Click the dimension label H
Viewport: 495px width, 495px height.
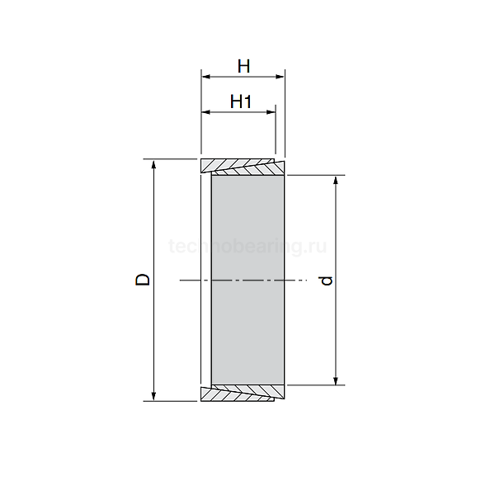coord(243,64)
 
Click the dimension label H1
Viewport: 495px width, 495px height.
coord(241,101)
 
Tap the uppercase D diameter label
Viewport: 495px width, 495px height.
coord(144,280)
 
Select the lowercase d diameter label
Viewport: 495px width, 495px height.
coord(328,280)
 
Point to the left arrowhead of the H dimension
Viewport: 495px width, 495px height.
coord(205,77)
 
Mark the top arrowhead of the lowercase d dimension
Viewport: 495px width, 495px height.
coord(336,180)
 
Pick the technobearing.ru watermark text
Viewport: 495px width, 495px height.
coord(247,246)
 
